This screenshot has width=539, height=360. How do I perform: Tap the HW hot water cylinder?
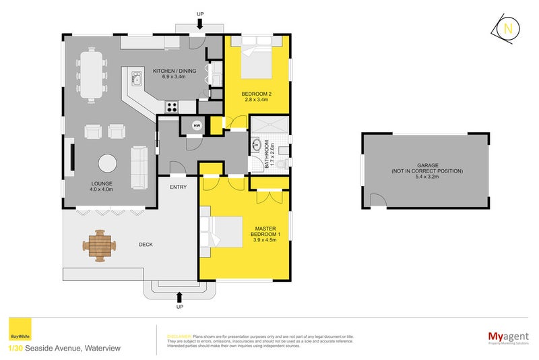tap(197, 125)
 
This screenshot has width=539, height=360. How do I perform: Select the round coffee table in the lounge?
tap(107, 164)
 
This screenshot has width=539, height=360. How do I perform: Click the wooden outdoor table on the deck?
tap(100, 245)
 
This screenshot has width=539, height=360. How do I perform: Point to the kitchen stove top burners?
tap(172, 106)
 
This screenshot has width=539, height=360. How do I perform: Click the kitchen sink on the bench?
tap(137, 79)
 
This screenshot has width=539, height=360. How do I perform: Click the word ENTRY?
tap(179, 187)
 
